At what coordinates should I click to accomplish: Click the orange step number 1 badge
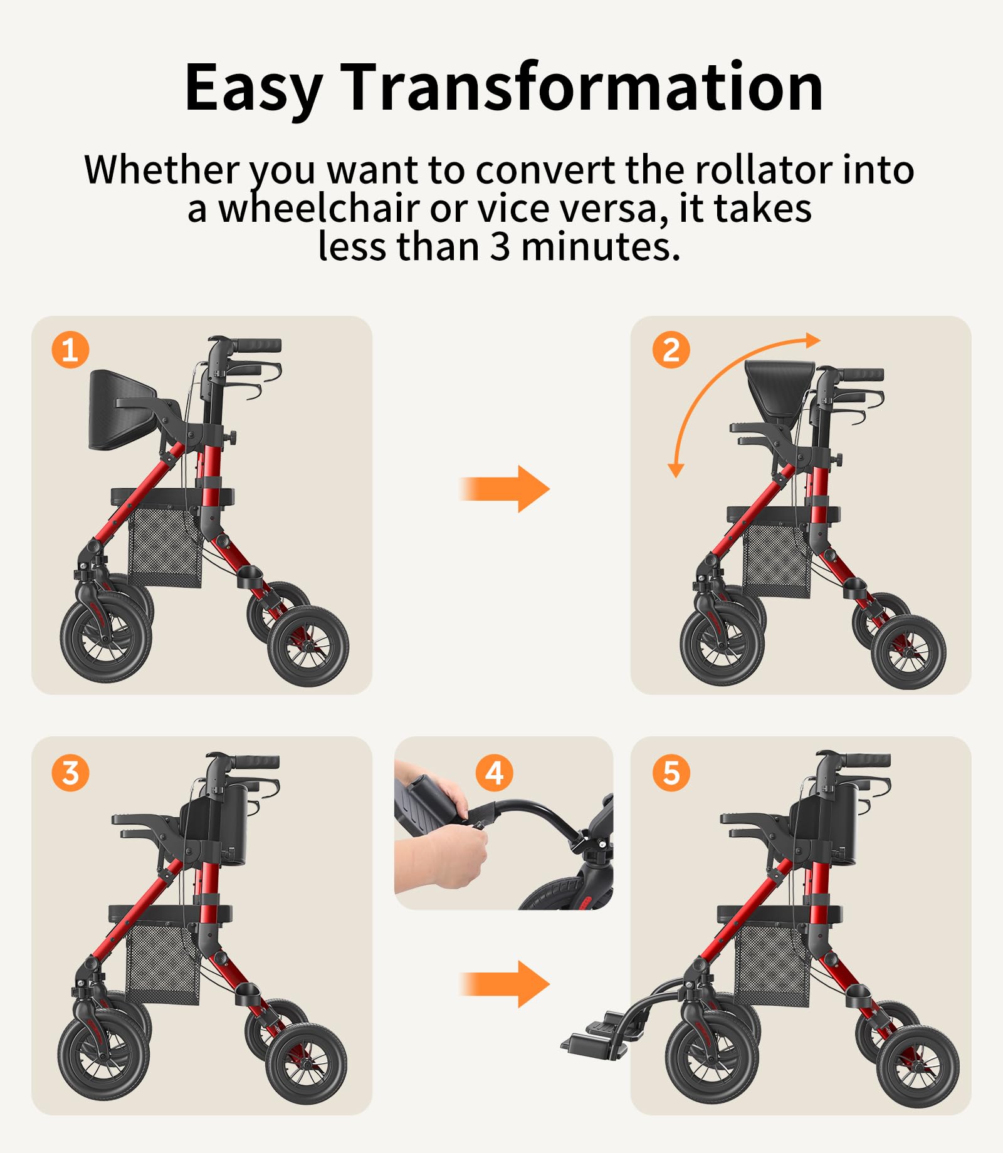(x=70, y=350)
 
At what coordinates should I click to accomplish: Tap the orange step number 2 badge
(x=671, y=350)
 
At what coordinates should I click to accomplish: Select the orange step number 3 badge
(x=70, y=773)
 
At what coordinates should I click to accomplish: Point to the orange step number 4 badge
(x=495, y=773)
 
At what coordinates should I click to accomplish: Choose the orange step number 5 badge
(x=671, y=773)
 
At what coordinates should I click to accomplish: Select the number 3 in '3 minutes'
(x=500, y=247)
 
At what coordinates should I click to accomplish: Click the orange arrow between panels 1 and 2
(x=505, y=489)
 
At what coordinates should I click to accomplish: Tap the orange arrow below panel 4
(x=505, y=984)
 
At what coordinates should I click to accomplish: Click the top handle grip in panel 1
(x=258, y=345)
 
